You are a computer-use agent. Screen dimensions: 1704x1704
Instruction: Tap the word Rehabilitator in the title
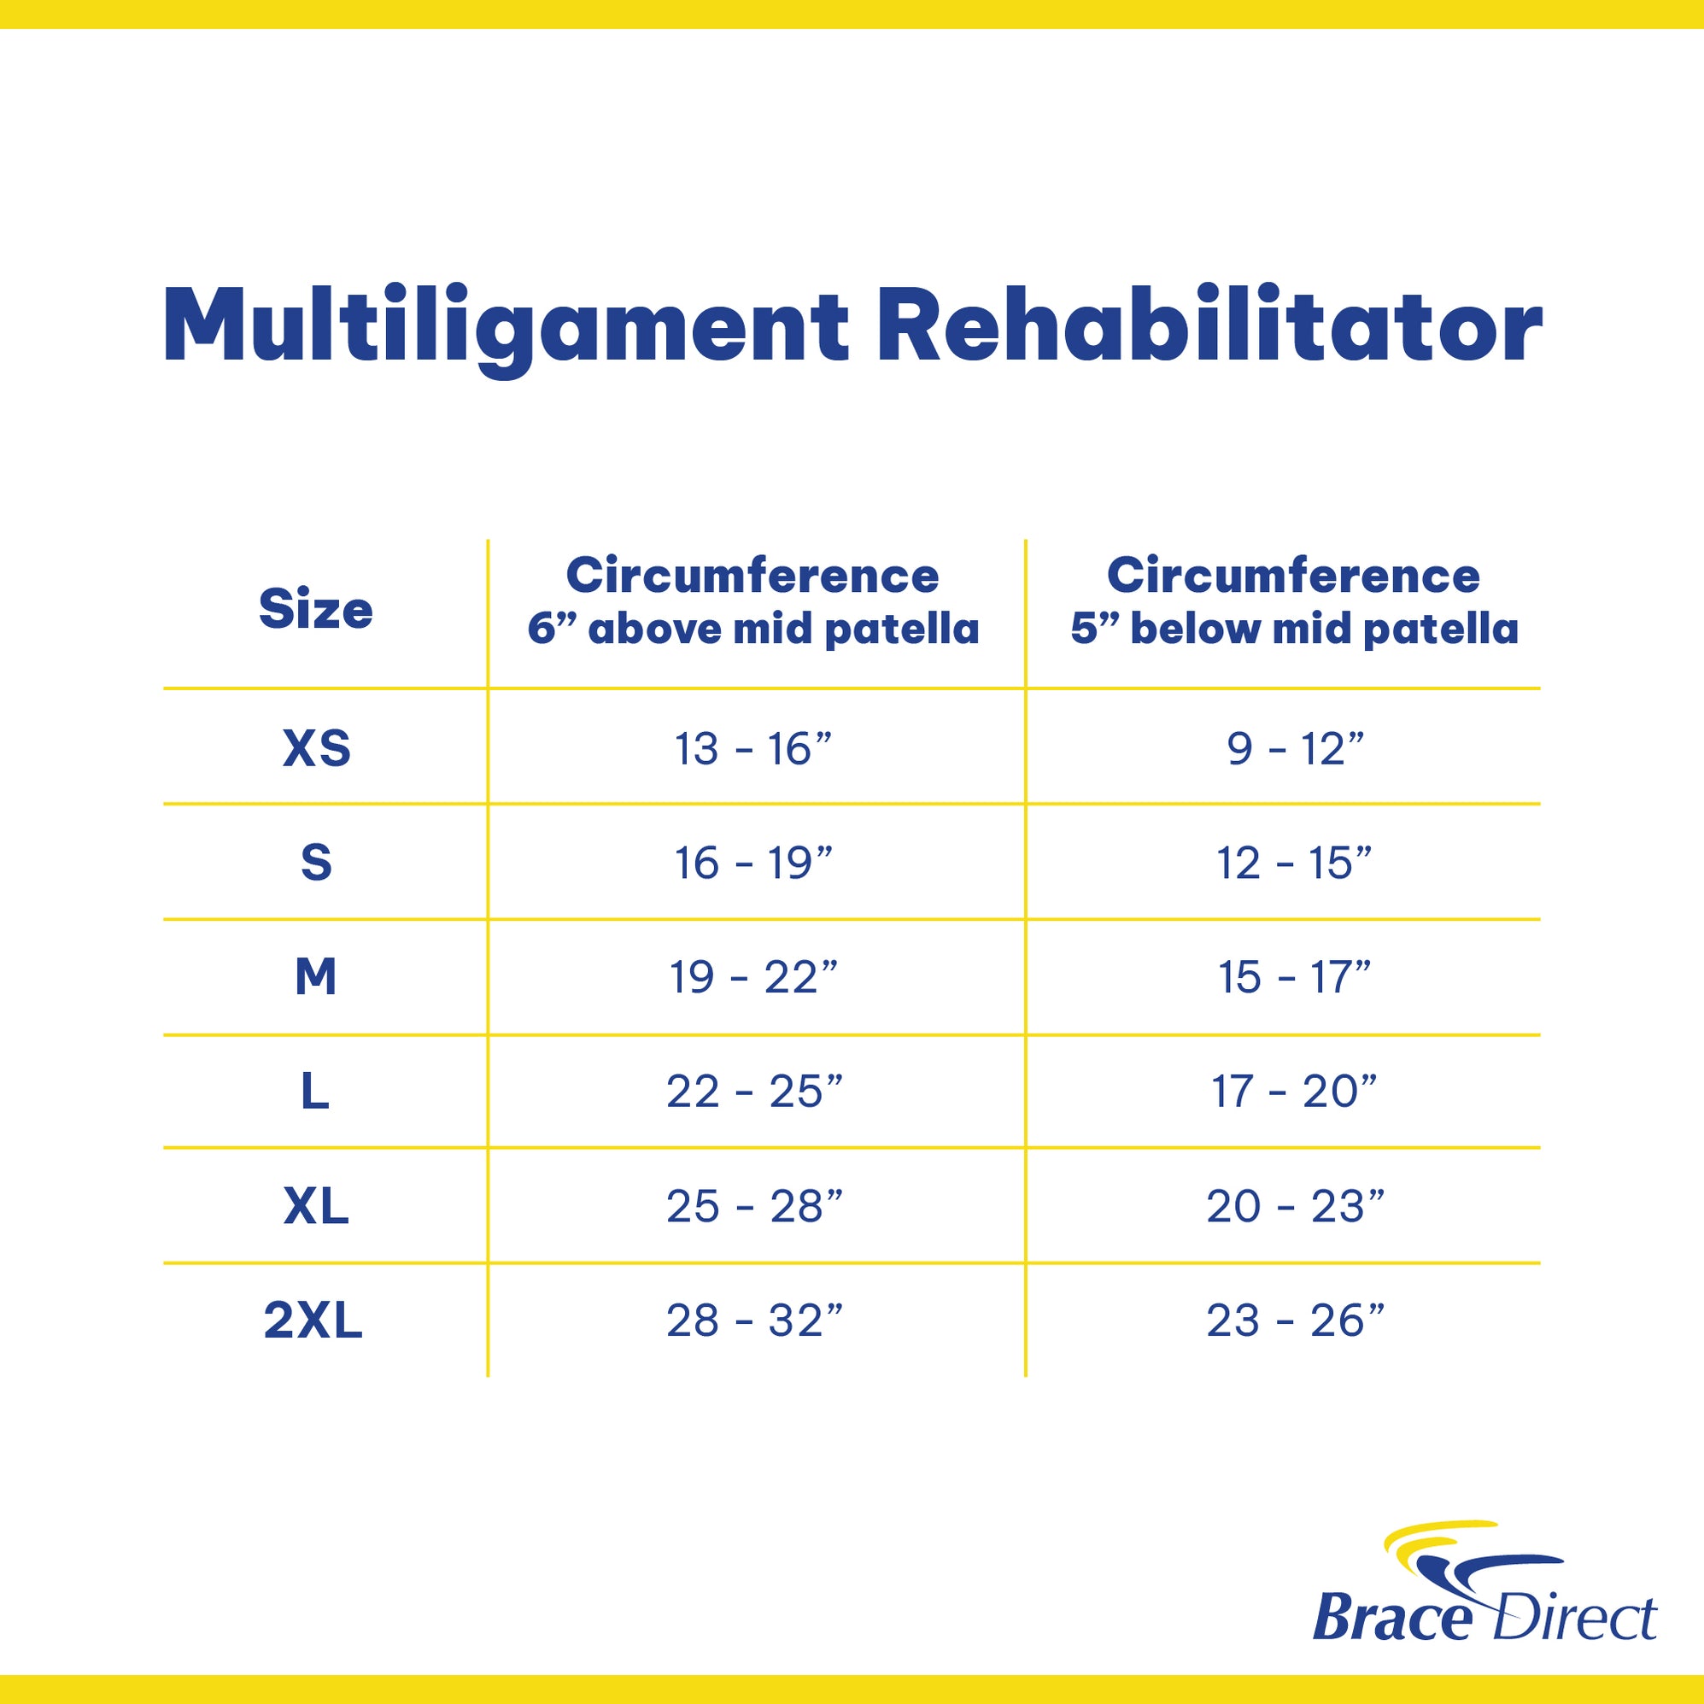[x=1209, y=325]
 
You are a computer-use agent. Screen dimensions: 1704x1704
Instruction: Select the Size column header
[x=316, y=610]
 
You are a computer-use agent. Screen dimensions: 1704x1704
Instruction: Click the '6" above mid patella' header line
[x=753, y=629]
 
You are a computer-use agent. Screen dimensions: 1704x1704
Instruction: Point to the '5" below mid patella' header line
[x=1295, y=629]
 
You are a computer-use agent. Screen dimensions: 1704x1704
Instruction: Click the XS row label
[x=317, y=749]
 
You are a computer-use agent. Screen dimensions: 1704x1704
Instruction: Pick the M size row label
[x=316, y=977]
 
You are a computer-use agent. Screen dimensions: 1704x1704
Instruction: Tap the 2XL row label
[x=313, y=1320]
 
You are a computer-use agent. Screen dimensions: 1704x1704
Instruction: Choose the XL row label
[x=316, y=1206]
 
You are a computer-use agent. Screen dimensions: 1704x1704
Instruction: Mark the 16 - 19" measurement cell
[x=753, y=864]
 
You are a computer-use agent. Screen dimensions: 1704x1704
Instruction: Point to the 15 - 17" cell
[x=1295, y=977]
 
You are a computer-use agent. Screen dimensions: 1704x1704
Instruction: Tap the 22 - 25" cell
[x=754, y=1092]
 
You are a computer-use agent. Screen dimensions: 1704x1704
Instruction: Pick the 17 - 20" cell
[x=1295, y=1092]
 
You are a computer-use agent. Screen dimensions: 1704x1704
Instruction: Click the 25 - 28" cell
[x=754, y=1206]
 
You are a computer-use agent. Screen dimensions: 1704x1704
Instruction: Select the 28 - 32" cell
[x=754, y=1320]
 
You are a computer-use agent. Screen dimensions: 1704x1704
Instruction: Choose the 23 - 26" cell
[x=1295, y=1320]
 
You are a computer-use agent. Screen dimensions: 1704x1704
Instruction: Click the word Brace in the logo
[x=1391, y=1617]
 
